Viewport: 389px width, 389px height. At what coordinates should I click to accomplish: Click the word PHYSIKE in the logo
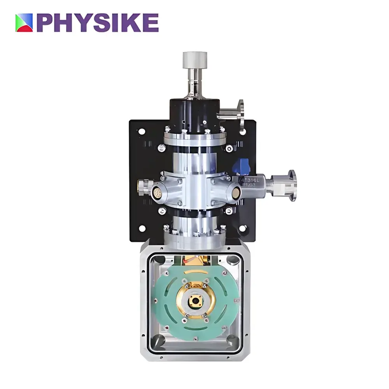click(x=98, y=23)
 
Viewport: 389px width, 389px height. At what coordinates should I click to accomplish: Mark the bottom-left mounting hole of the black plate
click(x=143, y=229)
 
